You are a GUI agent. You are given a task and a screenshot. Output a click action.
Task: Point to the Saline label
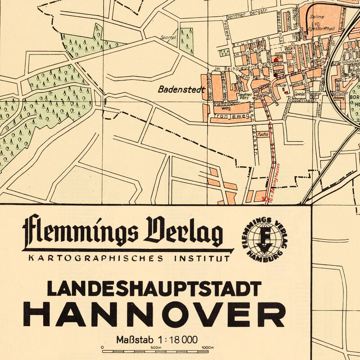point(317,17)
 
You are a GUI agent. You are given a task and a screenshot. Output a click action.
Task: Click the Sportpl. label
point(169,38)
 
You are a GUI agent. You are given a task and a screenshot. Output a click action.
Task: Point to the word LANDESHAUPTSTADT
point(154,288)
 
